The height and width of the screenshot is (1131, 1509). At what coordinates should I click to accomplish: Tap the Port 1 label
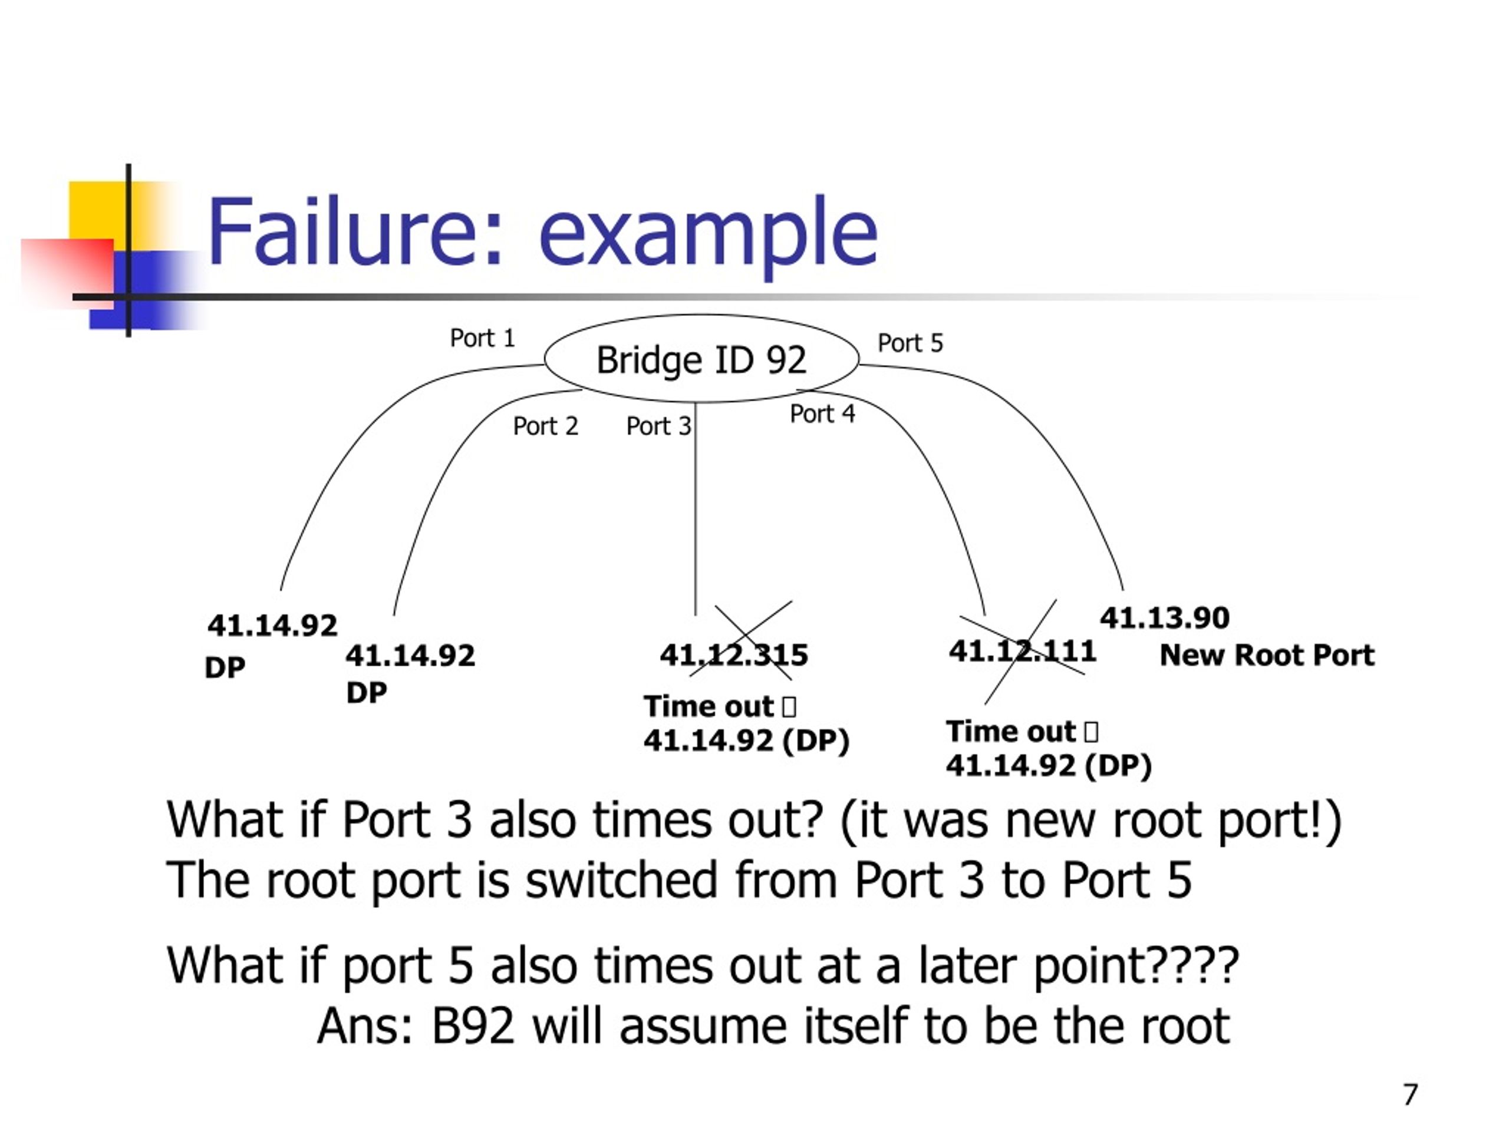[x=482, y=338]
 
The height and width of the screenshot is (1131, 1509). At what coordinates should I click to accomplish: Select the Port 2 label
[x=546, y=426]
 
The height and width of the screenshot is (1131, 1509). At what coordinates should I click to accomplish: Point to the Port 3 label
[x=659, y=426]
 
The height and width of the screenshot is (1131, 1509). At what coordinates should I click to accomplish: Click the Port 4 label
[x=823, y=414]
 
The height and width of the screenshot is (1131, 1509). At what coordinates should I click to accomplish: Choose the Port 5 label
[x=911, y=343]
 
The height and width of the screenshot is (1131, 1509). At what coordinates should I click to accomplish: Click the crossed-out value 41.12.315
[x=734, y=655]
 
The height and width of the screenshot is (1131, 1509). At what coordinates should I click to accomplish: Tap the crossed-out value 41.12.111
[x=1023, y=651]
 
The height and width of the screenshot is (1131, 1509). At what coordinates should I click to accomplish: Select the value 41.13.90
[x=1165, y=619]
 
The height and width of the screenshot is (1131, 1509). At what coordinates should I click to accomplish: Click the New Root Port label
[x=1267, y=655]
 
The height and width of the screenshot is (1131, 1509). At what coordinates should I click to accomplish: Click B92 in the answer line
[x=473, y=1027]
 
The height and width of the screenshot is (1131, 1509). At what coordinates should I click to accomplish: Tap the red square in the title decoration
[x=68, y=273]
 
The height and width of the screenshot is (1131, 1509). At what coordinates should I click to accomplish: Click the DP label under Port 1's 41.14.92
[x=225, y=668]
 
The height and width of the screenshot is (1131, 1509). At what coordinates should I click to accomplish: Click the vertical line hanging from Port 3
[x=696, y=510]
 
